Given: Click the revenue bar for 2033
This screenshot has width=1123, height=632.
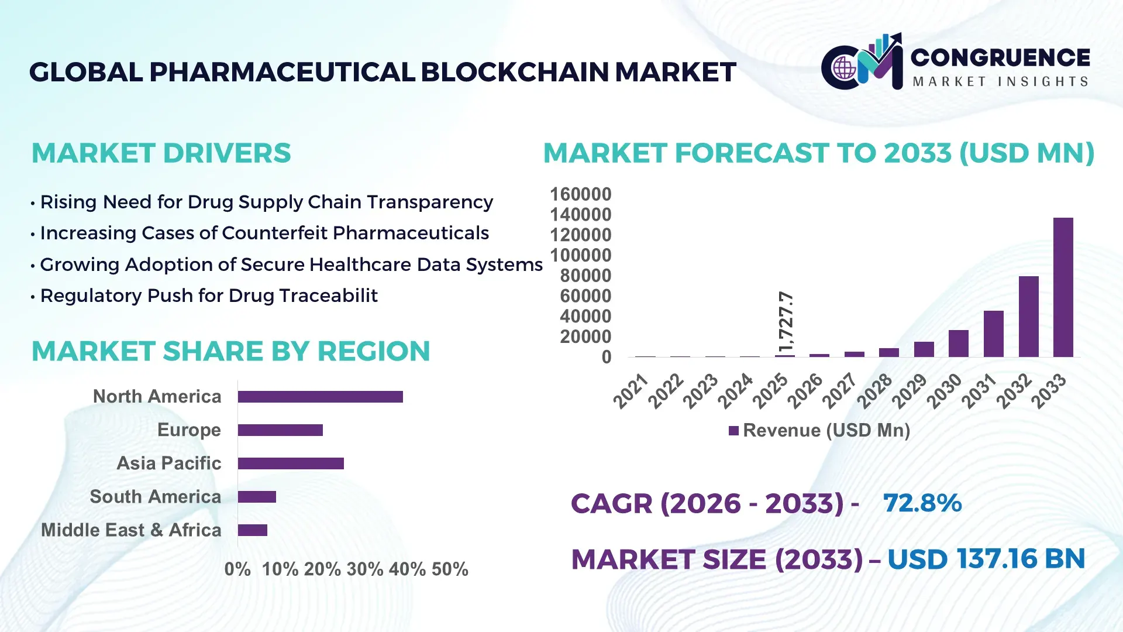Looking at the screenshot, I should pyautogui.click(x=1063, y=287).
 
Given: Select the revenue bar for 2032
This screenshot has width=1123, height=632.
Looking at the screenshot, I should pyautogui.click(x=1028, y=317).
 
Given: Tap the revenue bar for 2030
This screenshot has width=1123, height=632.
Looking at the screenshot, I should pyautogui.click(x=959, y=344).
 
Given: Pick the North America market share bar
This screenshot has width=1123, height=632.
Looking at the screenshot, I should pyautogui.click(x=320, y=397).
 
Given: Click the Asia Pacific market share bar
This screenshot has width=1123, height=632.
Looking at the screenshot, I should pyautogui.click(x=291, y=463).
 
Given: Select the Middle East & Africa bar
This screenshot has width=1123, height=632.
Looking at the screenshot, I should pyautogui.click(x=253, y=530).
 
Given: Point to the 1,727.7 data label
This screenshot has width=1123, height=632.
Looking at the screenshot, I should pyautogui.click(x=786, y=321).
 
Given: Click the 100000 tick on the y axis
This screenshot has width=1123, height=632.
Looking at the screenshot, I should pyautogui.click(x=581, y=256).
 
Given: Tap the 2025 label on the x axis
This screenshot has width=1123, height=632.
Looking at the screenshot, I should pyautogui.click(x=770, y=390).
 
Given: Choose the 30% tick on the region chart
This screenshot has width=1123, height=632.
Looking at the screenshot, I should pyautogui.click(x=364, y=569).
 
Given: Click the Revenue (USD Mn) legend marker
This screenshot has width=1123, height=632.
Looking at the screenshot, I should pyautogui.click(x=733, y=431).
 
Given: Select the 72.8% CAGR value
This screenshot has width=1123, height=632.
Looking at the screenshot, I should pyautogui.click(x=922, y=503).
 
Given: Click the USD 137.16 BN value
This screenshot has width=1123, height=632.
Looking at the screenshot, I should pyautogui.click(x=986, y=559).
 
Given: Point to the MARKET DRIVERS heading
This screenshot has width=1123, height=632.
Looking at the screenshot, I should pyautogui.click(x=161, y=153).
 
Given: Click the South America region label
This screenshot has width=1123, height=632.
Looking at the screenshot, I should pyautogui.click(x=155, y=497).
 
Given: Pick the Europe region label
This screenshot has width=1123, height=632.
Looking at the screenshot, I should pyautogui.click(x=189, y=430).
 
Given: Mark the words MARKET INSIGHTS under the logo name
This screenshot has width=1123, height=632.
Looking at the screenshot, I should pyautogui.click(x=1000, y=82).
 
